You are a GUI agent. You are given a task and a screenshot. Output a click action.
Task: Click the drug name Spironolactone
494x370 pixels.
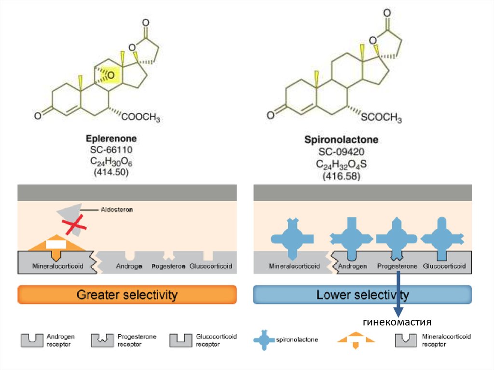(341, 140)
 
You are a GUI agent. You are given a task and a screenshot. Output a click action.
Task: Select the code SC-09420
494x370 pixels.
(341, 152)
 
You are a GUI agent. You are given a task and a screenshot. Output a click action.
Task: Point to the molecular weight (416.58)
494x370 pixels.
(341, 177)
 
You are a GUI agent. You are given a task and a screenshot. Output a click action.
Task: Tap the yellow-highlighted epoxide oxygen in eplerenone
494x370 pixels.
(111, 75)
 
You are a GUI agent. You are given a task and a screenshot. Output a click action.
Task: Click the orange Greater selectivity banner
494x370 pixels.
(127, 295)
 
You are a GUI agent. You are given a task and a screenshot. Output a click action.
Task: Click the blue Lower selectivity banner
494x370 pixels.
(362, 295)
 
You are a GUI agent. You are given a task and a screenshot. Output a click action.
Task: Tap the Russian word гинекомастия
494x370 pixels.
(397, 322)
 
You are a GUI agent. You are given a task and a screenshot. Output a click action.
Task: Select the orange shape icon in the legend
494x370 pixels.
(356, 340)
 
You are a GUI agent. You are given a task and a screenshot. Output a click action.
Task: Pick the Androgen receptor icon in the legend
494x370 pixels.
(32, 340)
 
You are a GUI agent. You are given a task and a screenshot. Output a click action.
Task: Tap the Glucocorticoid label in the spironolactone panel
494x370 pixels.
(444, 266)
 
